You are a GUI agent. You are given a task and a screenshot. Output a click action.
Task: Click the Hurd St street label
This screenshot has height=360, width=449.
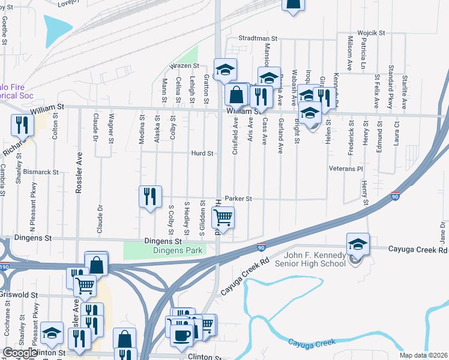pos(202,154)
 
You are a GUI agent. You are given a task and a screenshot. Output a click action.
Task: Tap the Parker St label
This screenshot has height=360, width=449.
pos(238,199)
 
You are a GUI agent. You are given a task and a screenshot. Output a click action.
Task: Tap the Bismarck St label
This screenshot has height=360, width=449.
pos(42,172)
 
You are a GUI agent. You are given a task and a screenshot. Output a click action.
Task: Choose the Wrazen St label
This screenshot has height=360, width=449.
pos(184,65)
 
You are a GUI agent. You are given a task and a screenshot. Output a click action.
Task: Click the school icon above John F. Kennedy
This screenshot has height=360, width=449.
pos(358,244)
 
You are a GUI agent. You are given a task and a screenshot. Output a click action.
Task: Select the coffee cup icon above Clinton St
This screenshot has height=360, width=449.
pos(181,335)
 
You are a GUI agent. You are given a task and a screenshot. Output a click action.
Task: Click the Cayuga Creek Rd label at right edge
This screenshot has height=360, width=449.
pos(418,249)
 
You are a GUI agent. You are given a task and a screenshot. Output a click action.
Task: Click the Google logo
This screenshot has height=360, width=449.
pos(20,353)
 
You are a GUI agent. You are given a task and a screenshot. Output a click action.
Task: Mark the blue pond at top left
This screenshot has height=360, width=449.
pos(56,28)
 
